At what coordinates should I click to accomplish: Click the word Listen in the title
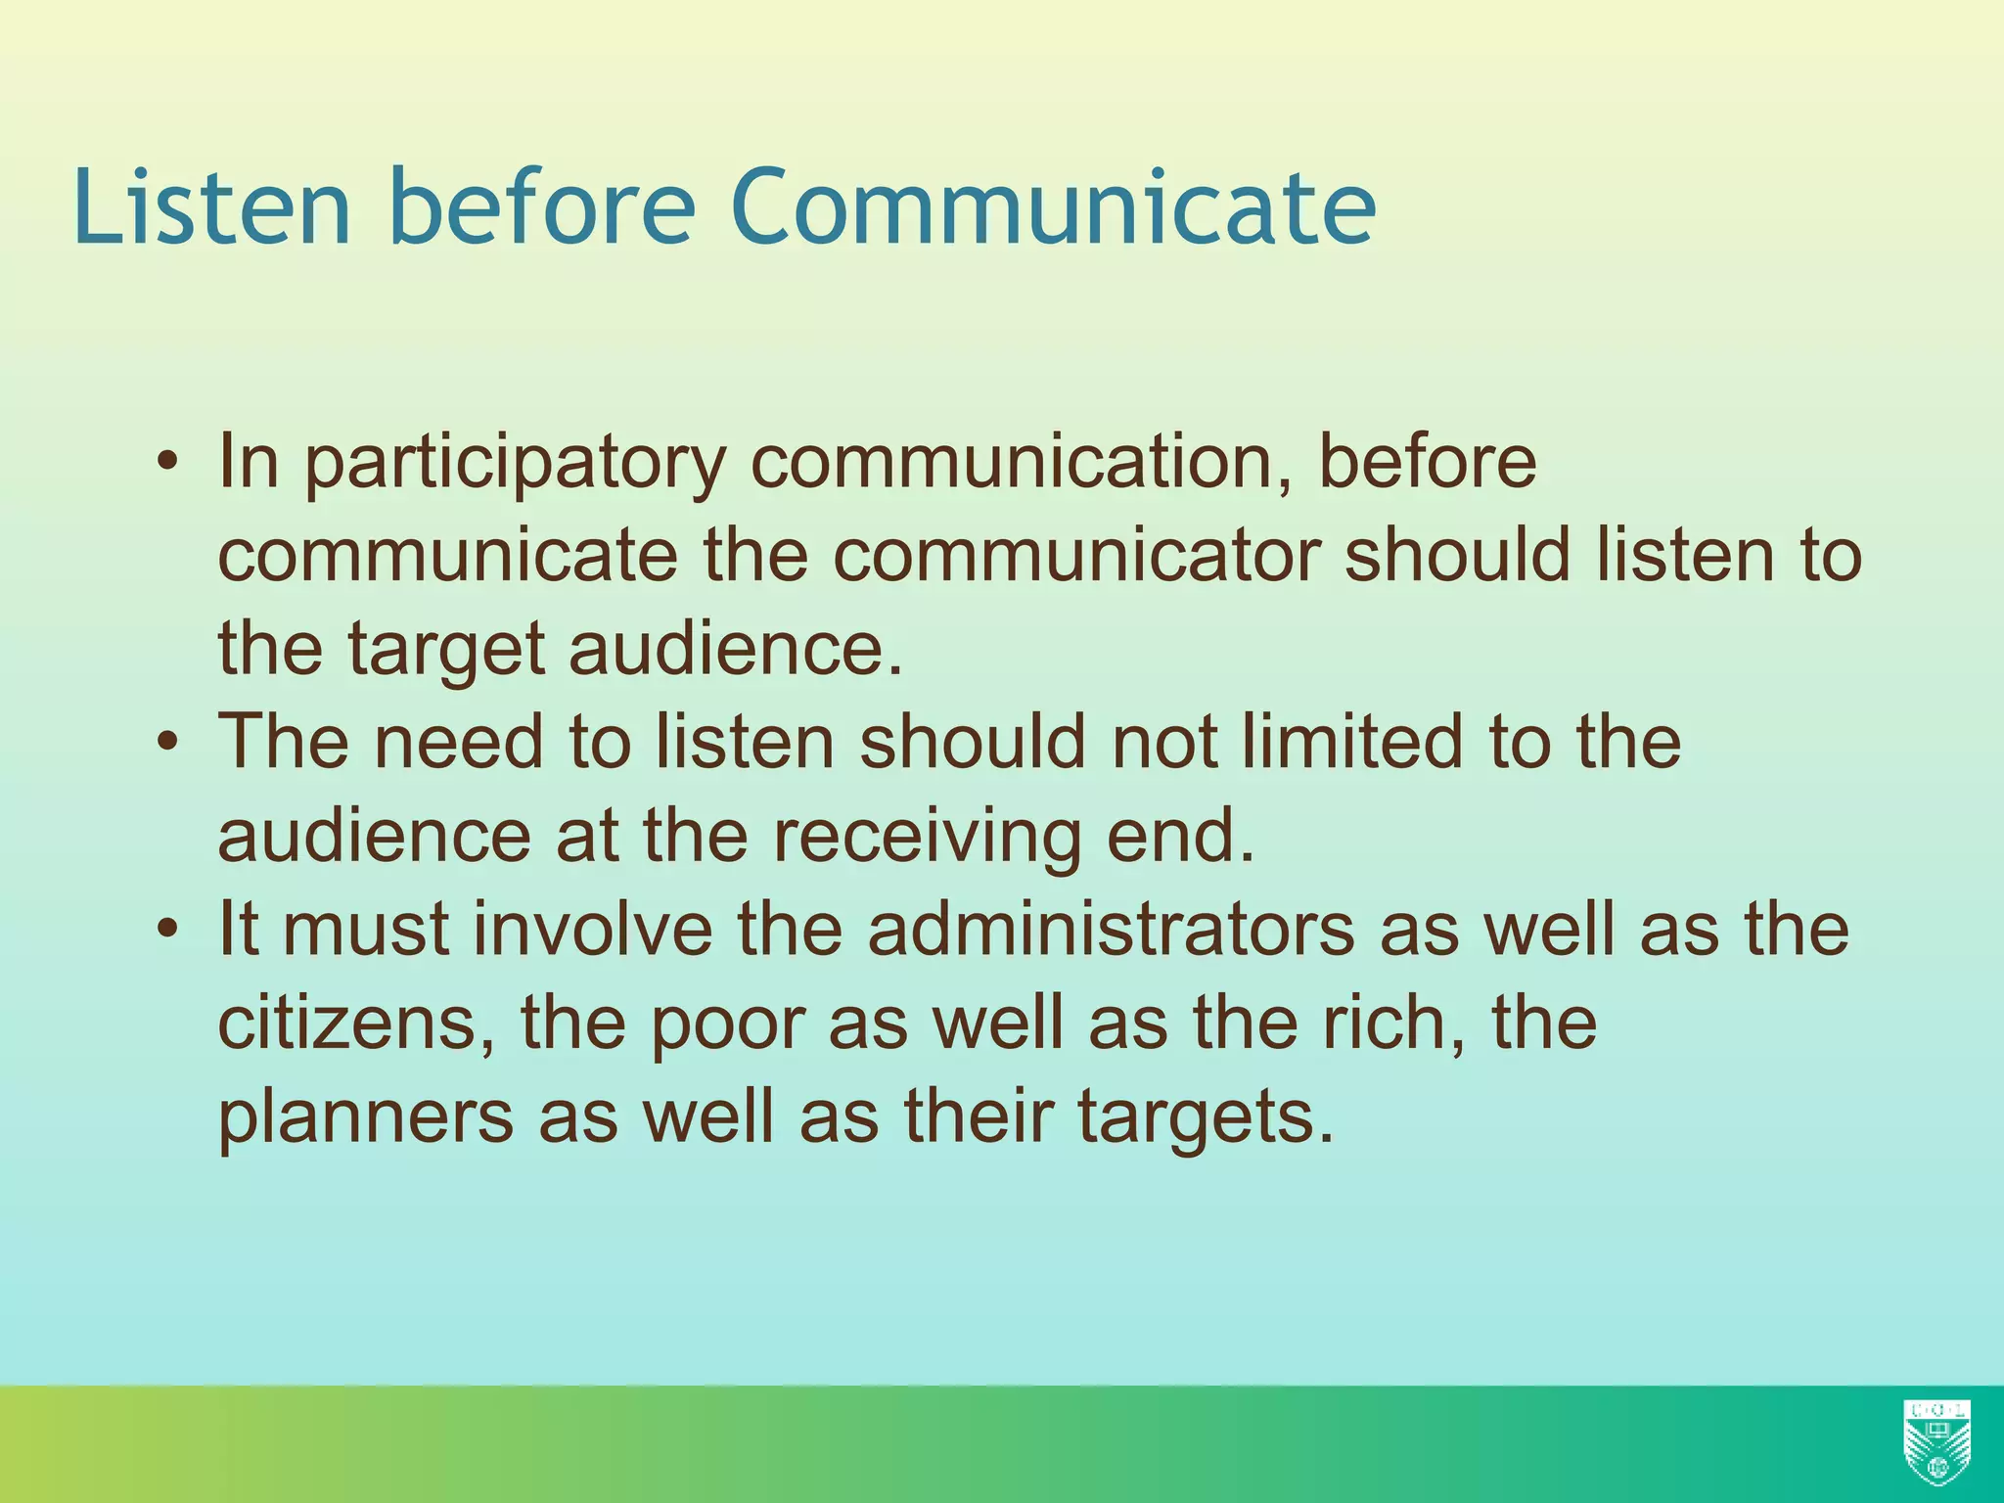click(x=211, y=207)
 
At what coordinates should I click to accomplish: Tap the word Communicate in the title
click(x=1053, y=207)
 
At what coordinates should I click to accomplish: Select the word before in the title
click(x=541, y=207)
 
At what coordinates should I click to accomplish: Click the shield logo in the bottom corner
click(x=1936, y=1440)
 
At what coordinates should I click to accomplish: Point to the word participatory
click(x=515, y=464)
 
